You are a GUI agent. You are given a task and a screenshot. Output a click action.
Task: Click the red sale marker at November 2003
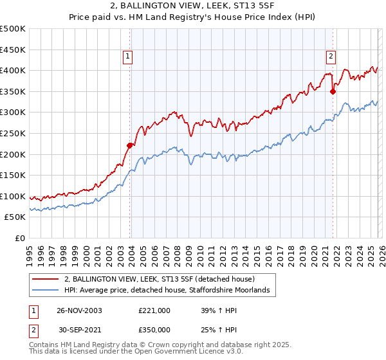[x=130, y=145]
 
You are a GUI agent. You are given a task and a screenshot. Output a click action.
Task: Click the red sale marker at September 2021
[x=333, y=91]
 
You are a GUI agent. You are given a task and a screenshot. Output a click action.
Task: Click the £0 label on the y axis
[x=21, y=238]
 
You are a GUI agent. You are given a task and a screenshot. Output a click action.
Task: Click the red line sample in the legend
[x=46, y=280]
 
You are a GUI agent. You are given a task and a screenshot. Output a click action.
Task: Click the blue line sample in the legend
[x=46, y=291]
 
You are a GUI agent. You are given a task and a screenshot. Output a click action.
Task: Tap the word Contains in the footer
[x=44, y=345]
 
